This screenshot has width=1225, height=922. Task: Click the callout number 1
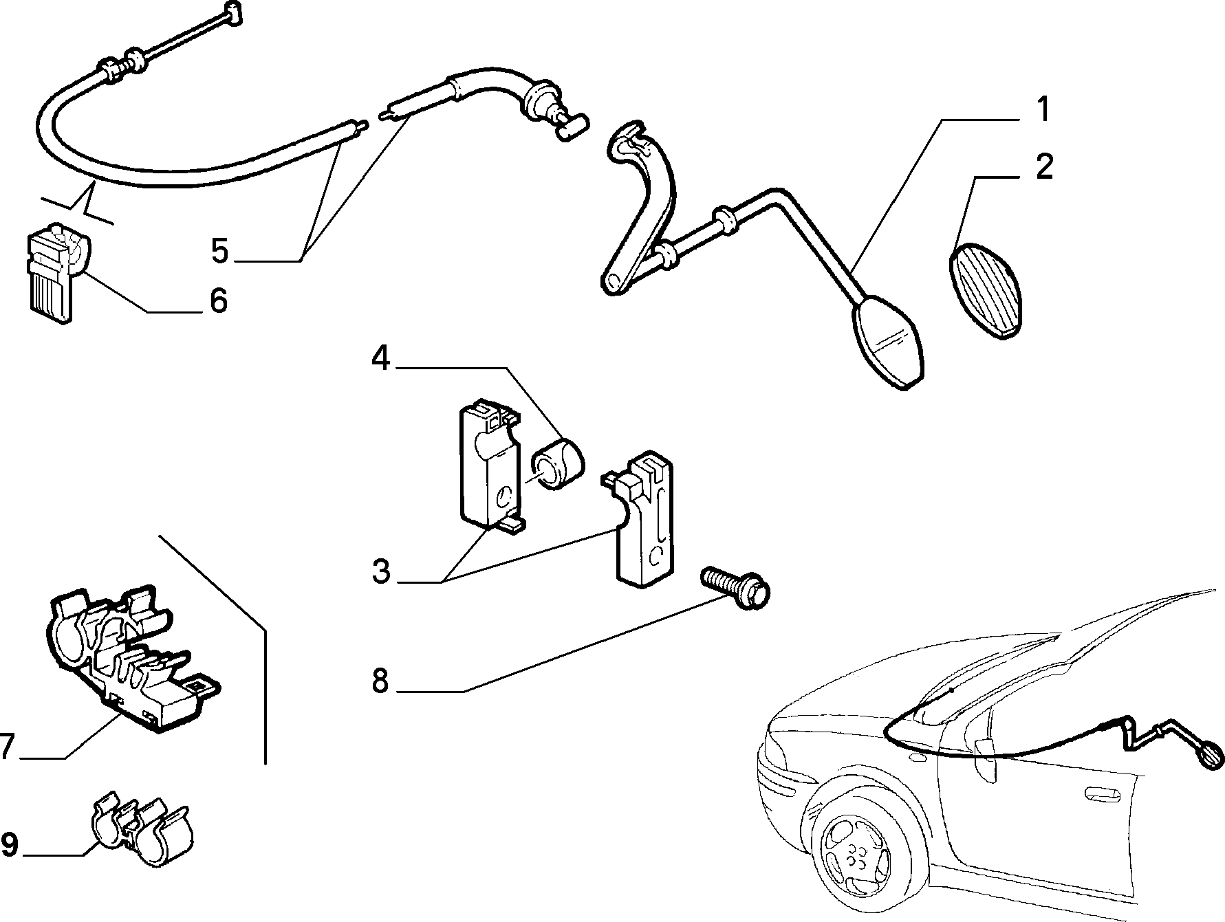1043,110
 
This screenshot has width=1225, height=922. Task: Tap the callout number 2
1043,167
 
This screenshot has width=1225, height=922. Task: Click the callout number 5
219,251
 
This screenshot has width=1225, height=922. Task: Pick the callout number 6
218,301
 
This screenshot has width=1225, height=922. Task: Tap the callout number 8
380,681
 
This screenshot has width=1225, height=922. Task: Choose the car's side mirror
985,759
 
